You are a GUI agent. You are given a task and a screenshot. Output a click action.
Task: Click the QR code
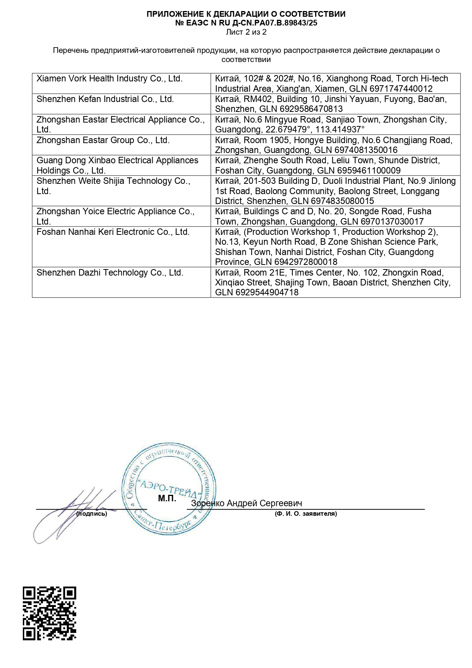pyautogui.click(x=49, y=613)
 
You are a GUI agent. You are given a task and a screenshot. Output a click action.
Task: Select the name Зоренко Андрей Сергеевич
pyautogui.click(x=246, y=503)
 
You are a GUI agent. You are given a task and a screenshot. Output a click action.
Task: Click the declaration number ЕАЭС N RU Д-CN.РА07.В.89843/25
pyautogui.click(x=246, y=23)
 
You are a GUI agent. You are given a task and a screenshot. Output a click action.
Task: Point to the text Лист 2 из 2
pyautogui.click(x=246, y=32)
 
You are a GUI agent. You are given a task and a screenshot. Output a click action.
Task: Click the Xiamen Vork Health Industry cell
pyautogui.click(x=110, y=79)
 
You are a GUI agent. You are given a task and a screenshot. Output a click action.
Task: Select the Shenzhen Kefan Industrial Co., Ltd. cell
pyautogui.click(x=105, y=99)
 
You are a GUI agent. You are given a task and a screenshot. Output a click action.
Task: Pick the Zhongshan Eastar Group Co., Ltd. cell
pyautogui.click(x=103, y=140)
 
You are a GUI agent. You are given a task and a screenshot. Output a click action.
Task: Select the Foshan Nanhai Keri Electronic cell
pyautogui.click(x=113, y=232)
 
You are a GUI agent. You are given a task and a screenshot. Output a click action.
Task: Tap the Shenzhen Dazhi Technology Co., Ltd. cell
pyautogui.click(x=110, y=273)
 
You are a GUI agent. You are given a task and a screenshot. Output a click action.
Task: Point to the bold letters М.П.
pyautogui.click(x=167, y=499)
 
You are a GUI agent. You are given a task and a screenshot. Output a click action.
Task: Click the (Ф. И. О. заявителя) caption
pyautogui.click(x=306, y=514)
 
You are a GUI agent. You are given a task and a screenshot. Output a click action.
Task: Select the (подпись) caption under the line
pyautogui.click(x=92, y=514)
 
